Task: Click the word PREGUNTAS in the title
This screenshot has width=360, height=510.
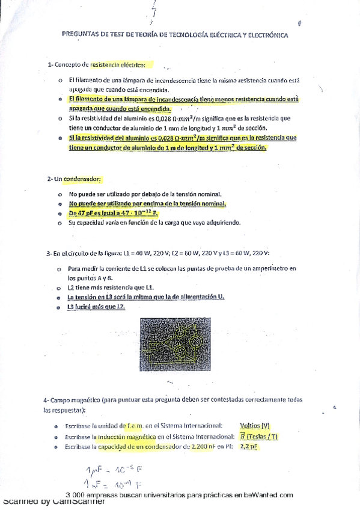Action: coord(81,35)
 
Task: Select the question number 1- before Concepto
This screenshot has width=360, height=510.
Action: coord(50,64)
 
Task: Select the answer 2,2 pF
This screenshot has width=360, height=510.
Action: coord(248,446)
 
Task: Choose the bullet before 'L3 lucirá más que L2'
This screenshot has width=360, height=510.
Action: coord(59,307)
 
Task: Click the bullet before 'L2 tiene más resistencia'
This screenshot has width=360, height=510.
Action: coord(59,287)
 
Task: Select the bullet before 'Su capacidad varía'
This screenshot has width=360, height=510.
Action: coord(59,223)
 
